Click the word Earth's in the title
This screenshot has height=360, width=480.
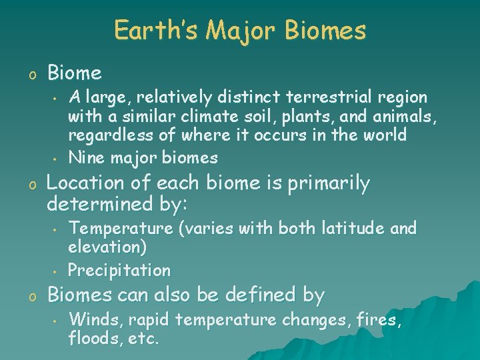point(155,31)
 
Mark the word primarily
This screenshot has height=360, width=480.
point(328,183)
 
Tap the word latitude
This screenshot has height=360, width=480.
point(354,229)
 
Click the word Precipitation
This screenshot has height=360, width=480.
point(119,270)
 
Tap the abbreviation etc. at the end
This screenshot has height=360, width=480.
point(143,339)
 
